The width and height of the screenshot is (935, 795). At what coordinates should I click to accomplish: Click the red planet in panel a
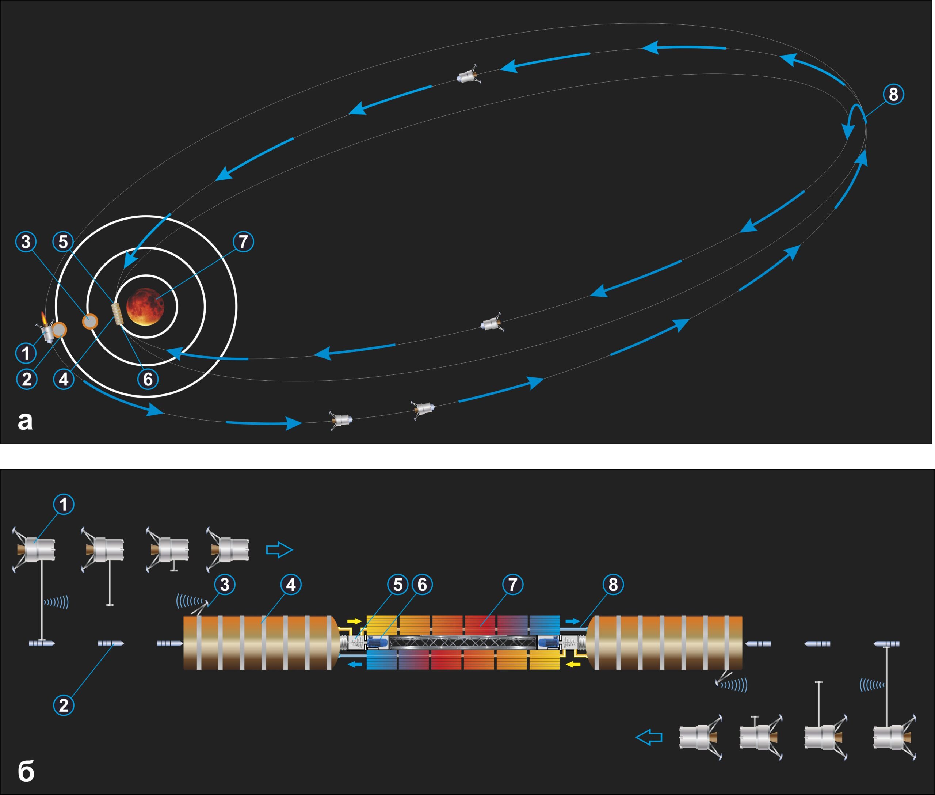(145, 307)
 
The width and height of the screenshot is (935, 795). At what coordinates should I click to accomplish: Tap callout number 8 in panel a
(893, 95)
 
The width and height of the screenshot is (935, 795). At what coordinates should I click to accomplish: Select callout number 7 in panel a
(243, 241)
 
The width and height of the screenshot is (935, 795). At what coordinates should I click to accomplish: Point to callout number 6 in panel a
(148, 379)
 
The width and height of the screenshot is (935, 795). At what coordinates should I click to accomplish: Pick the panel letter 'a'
(25, 421)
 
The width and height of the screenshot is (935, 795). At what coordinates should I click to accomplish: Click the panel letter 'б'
(26, 772)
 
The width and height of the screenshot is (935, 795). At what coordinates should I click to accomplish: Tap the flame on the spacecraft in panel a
(44, 318)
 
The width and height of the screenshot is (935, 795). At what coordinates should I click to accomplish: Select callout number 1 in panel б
(64, 504)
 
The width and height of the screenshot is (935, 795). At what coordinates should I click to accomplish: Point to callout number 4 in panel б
(291, 585)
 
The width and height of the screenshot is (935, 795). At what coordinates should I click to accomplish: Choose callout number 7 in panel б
(512, 585)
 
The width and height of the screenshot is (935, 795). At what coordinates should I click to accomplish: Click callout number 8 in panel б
(613, 585)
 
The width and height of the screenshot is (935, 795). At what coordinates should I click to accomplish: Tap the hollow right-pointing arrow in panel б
(279, 550)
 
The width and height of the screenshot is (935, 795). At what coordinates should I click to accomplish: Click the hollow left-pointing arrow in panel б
(649, 737)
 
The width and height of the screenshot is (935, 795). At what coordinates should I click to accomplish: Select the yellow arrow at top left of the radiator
(355, 621)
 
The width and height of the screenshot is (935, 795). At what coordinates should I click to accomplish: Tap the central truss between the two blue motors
(463, 642)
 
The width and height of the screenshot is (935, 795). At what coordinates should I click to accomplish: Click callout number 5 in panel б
(397, 585)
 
